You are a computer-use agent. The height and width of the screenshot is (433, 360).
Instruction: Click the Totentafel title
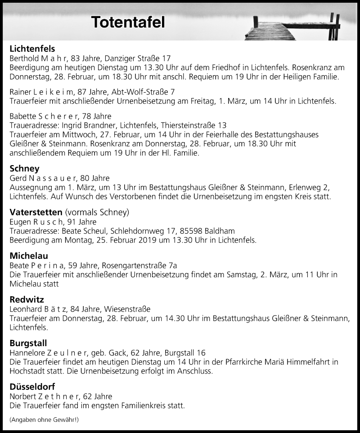coord(128,22)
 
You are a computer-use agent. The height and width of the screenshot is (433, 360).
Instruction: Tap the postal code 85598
coord(190,231)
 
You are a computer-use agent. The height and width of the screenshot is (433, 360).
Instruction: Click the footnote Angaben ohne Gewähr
coord(44,419)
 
